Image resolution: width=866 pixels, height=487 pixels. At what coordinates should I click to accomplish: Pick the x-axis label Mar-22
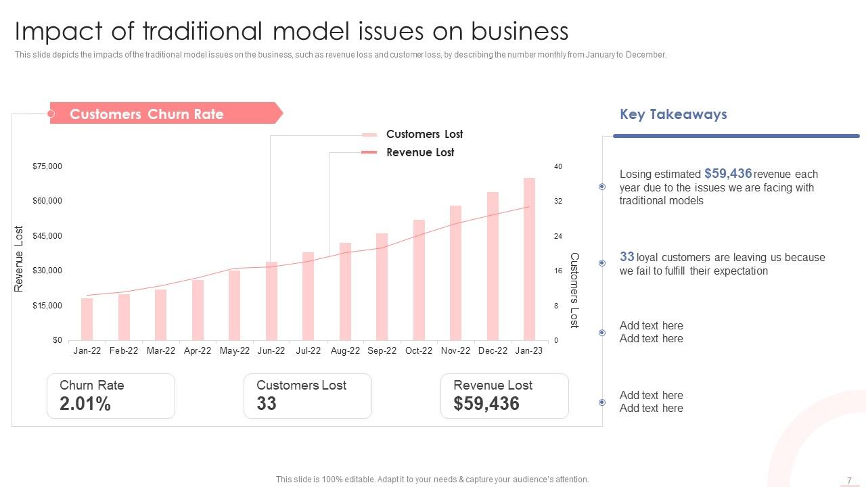[x=161, y=350]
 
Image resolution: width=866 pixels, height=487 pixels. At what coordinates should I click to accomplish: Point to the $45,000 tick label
[x=47, y=236]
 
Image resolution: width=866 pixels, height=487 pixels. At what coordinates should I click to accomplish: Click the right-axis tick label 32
[x=558, y=202]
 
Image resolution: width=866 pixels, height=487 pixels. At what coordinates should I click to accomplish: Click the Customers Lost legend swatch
[x=369, y=135]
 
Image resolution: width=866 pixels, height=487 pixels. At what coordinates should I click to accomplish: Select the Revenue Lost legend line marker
[x=369, y=153]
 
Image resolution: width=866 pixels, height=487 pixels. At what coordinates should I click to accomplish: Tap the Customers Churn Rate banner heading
[x=147, y=114]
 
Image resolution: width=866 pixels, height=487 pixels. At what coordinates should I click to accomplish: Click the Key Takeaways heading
[x=673, y=114]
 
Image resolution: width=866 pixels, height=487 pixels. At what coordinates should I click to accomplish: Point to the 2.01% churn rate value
[x=85, y=404]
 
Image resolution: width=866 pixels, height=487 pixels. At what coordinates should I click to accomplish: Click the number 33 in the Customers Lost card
[x=267, y=404]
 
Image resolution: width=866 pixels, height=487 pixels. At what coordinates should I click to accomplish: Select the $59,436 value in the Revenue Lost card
[x=486, y=404]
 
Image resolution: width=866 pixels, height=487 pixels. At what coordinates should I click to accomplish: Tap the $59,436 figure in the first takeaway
[x=728, y=174]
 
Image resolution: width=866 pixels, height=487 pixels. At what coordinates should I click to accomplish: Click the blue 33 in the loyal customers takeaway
[x=627, y=257]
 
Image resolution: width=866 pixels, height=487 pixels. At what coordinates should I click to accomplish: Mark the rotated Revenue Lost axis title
[x=19, y=259]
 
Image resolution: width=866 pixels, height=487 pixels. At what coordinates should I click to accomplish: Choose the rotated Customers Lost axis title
[x=574, y=290]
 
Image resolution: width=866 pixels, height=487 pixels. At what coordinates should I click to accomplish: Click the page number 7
[x=849, y=480]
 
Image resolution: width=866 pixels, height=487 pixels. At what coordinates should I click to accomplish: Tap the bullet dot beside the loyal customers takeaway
[x=602, y=263]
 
